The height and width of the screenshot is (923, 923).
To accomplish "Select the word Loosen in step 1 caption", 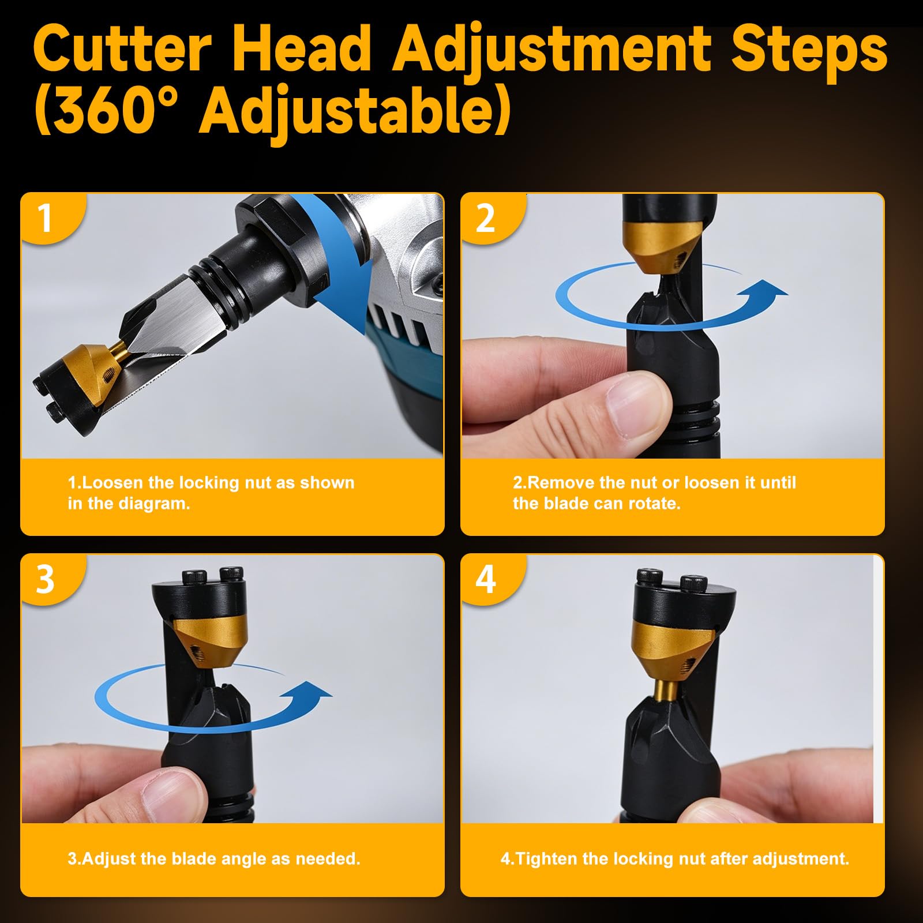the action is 110,482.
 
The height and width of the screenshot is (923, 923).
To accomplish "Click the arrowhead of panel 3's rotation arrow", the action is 312,692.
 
